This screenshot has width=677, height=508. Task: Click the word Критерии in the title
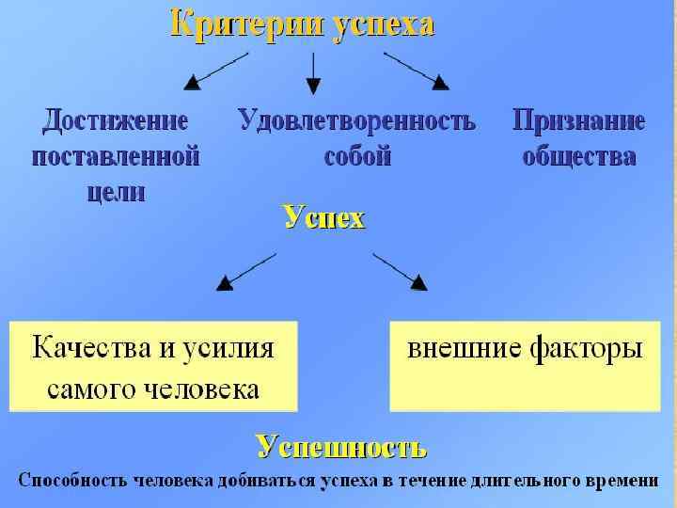(246, 24)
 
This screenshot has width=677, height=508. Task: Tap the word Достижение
(116, 120)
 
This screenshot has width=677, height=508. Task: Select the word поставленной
(116, 156)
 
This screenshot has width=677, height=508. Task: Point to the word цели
(116, 192)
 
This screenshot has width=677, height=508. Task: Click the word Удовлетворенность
(356, 120)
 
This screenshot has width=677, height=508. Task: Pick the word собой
(356, 156)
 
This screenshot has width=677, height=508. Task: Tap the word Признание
(578, 120)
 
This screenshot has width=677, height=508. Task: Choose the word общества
(578, 156)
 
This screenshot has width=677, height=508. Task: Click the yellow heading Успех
(323, 218)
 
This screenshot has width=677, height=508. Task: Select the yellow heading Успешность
(341, 446)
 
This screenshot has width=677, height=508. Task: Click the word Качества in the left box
(92, 348)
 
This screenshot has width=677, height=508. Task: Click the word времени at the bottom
(621, 480)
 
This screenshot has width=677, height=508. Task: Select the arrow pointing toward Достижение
(215, 71)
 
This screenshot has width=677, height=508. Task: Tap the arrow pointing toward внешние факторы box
(399, 270)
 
